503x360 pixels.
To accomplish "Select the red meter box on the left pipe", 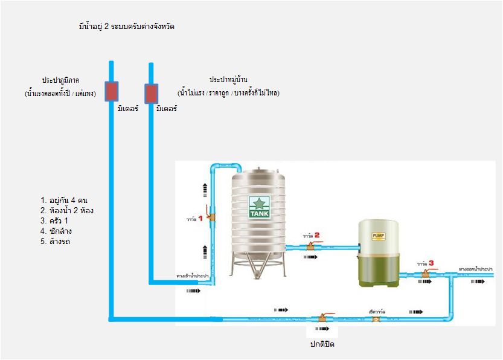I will pos(112,91).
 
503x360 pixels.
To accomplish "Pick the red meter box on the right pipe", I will pos(150,94).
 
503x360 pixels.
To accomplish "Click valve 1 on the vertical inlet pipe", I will pos(210,218).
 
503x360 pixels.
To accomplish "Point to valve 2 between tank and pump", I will pos(312,246).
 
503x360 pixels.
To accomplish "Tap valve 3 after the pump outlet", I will pos(425,274).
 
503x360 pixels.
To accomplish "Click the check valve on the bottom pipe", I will pos(375,318).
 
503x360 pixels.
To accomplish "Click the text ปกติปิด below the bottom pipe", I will pos(322,344).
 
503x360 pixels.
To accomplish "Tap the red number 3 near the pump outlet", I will pos(431,262).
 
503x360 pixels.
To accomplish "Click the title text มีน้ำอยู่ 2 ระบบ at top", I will pos(127,27).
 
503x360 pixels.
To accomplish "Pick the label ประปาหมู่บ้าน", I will pos(229,80).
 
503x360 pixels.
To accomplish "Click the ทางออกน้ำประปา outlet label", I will pos(475,268).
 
